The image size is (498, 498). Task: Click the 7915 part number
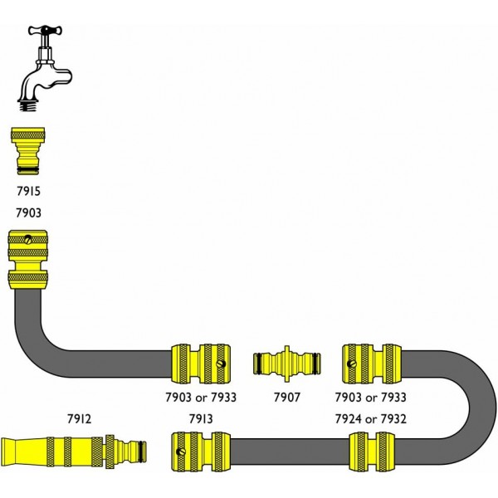[x=29, y=192]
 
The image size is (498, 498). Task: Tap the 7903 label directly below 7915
[x=29, y=213]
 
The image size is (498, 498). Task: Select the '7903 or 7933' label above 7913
[x=202, y=398]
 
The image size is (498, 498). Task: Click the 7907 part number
[x=286, y=398]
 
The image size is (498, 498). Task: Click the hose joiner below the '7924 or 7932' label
[x=370, y=452]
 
